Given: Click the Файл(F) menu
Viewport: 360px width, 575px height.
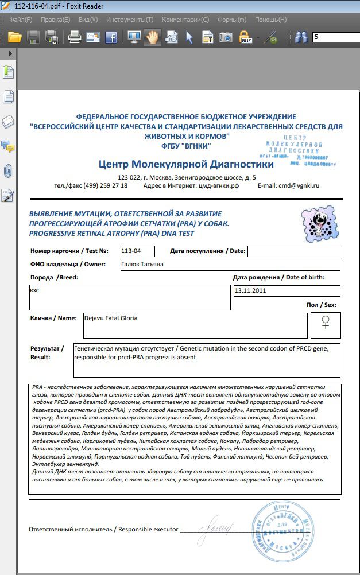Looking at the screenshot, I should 21,20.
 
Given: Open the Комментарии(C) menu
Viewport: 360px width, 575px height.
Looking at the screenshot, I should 185,20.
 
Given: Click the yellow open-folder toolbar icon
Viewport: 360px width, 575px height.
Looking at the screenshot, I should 14,38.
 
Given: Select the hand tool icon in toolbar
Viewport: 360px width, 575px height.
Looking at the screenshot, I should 152,38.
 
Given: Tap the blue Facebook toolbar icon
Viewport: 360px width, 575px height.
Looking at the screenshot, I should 111,38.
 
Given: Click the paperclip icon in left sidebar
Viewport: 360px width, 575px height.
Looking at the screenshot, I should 8,171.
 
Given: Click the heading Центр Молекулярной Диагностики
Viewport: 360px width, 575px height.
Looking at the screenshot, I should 186,164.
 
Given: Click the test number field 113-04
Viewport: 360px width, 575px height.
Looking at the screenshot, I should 138,251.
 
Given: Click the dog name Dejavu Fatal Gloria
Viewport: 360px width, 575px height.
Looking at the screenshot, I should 111,318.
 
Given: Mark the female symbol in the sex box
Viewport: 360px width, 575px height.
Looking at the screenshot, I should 326,323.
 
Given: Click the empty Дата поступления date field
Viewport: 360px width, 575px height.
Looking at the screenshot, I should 293,251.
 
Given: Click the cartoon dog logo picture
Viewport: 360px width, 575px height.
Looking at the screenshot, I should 317,223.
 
